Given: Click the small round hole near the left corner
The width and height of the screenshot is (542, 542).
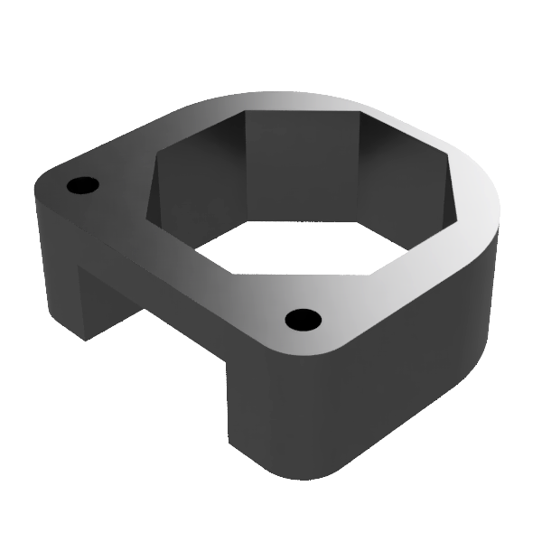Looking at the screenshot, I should tap(82, 185).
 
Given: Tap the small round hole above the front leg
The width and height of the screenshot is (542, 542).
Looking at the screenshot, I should tap(303, 319).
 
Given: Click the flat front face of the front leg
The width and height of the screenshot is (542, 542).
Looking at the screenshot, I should tap(271, 406).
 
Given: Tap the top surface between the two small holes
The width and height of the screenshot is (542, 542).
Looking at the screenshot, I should tap(181, 253).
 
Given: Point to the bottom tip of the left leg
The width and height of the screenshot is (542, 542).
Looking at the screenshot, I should tap(84, 337).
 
